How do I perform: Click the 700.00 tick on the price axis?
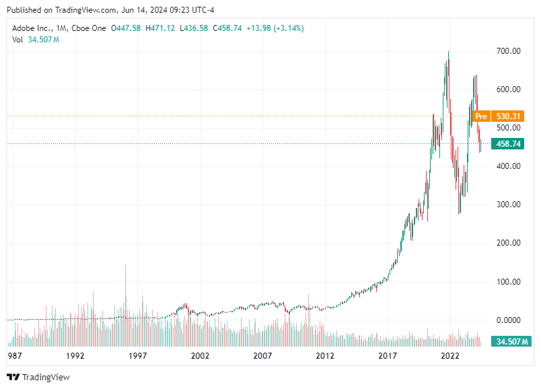508,51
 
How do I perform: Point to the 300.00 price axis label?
508,205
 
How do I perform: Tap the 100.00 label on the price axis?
508,281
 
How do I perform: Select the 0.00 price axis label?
511,320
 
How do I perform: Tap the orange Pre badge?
480,116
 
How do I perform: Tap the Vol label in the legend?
17,40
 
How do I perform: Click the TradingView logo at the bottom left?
38,377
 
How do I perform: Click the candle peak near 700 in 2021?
448,52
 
